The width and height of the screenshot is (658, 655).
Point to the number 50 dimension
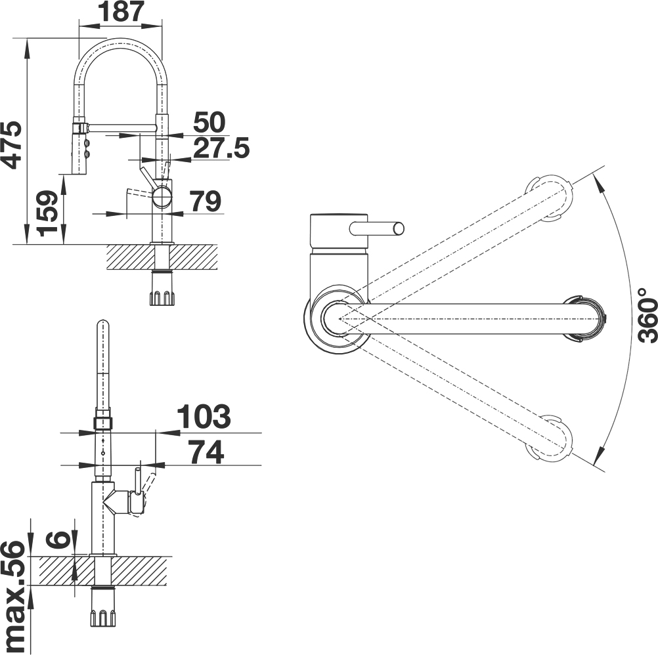[209, 122]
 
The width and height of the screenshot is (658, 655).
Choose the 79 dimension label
[205, 201]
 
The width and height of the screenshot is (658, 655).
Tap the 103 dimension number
[204, 416]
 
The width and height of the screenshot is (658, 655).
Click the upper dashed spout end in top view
[549, 198]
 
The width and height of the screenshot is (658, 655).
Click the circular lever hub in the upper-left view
[162, 197]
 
